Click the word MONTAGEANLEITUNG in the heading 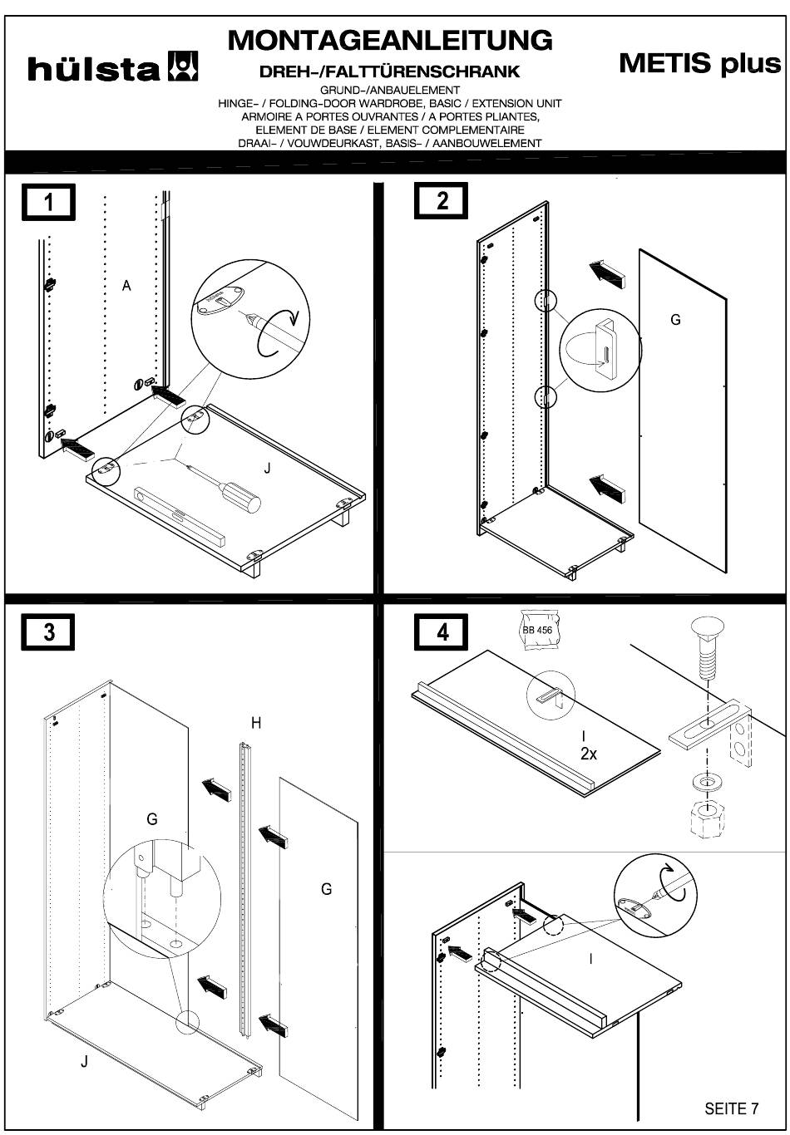(389, 39)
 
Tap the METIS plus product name (699, 63)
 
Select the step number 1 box (49, 202)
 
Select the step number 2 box (442, 200)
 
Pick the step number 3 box (49, 631)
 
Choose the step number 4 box (442, 631)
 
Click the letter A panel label (126, 286)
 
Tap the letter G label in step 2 (675, 319)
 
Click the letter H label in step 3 (256, 723)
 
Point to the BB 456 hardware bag (537, 630)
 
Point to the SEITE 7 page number (731, 1108)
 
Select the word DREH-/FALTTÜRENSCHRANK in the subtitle (389, 72)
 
